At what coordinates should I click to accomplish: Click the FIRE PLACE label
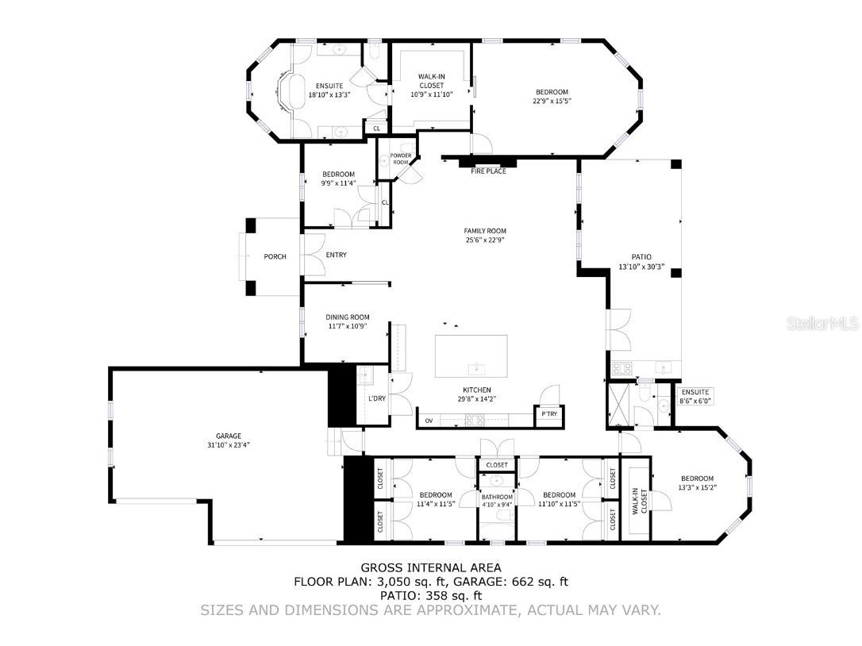point(488,171)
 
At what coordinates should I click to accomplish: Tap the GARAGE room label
point(228,436)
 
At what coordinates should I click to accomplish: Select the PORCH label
point(275,257)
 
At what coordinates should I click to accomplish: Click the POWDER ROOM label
point(401,159)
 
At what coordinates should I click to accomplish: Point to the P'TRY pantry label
point(549,414)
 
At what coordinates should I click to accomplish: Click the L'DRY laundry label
point(377,398)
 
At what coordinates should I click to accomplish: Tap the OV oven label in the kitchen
point(429,421)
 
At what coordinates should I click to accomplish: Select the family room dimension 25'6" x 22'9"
point(485,240)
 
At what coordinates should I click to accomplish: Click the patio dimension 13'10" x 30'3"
point(641,267)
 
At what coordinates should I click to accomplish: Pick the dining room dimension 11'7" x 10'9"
point(348,326)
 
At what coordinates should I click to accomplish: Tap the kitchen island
point(471,356)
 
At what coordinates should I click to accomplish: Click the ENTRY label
point(337,255)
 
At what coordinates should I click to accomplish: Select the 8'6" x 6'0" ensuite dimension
point(695,402)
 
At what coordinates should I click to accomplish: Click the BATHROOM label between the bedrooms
point(497,497)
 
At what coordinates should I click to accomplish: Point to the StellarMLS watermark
point(823,323)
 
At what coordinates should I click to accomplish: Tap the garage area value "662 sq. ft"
point(541,582)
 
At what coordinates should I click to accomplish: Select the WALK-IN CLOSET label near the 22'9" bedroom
point(432,81)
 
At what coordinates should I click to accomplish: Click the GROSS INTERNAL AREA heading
point(431,567)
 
